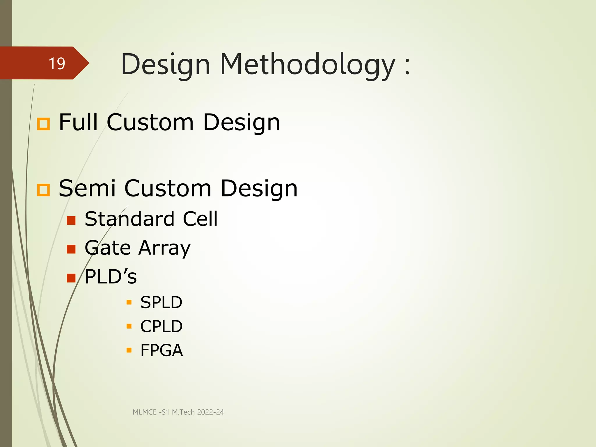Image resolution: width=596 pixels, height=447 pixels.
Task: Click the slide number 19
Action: tap(57, 63)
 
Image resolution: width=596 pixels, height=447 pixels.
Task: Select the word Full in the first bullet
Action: tap(78, 122)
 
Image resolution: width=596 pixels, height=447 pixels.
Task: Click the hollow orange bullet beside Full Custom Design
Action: tap(44, 124)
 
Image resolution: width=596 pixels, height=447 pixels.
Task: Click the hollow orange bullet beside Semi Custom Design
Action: tap(44, 190)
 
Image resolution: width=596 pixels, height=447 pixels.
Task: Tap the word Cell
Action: tap(200, 219)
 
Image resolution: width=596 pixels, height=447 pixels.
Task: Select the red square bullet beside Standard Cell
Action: tap(71, 220)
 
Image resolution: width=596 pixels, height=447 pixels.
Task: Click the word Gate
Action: tap(108, 248)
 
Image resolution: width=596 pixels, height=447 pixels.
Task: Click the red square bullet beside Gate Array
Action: tap(71, 249)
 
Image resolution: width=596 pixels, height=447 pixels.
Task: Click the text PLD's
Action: tap(111, 276)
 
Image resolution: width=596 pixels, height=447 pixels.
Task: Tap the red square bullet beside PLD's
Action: tap(71, 278)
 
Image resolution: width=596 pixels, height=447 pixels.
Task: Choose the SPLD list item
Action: tap(161, 302)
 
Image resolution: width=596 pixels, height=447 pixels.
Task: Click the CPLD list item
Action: tap(161, 326)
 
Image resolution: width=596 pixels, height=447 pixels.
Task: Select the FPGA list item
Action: tap(162, 350)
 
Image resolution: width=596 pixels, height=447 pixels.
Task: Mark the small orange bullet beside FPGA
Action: tap(129, 350)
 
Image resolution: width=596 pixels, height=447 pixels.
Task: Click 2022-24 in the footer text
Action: tap(210, 412)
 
